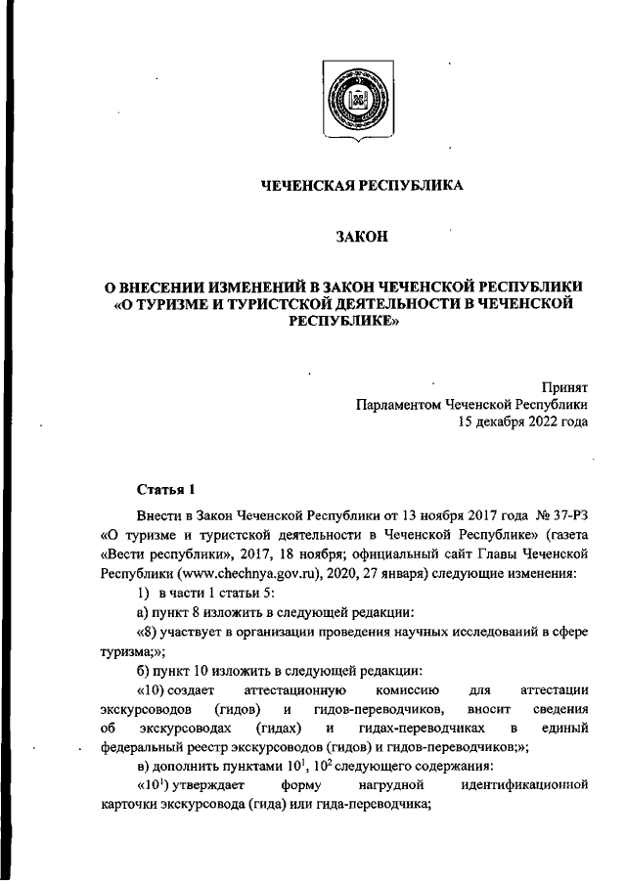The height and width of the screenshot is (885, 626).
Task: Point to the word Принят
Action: (565, 387)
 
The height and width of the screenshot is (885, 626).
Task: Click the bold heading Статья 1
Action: (166, 488)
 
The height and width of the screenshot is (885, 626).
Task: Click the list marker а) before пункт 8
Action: (143, 612)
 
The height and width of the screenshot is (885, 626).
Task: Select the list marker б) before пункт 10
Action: (143, 671)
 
